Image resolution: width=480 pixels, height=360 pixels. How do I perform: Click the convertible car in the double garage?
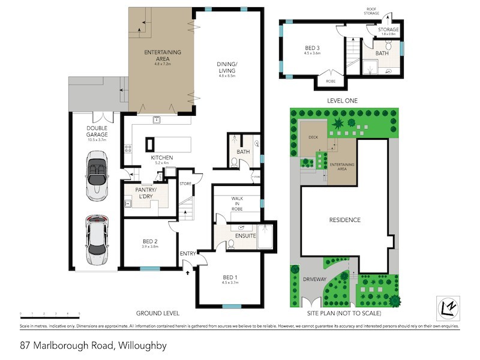click(97, 176)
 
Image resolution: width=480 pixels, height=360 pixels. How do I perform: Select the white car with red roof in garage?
click(97, 240)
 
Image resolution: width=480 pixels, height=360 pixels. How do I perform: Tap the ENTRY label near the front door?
click(188, 254)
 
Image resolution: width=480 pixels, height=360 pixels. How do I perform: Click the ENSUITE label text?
click(245, 236)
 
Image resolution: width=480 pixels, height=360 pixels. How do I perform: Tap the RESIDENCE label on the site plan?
click(344, 220)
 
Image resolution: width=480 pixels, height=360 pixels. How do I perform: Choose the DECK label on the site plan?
click(313, 137)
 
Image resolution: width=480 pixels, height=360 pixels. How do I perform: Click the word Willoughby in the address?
click(142, 346)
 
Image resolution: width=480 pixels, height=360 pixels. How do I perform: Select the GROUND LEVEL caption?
click(158, 313)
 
